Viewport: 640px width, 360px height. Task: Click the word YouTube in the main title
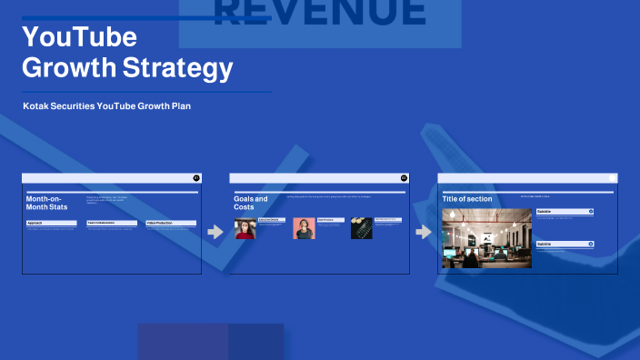coord(79,37)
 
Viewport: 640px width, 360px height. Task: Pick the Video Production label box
coord(171,223)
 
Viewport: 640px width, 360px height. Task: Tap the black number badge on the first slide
coord(196,178)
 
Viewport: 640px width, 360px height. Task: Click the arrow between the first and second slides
coord(215,232)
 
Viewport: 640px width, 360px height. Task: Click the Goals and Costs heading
coord(251,203)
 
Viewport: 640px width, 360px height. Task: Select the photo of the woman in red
coord(245,228)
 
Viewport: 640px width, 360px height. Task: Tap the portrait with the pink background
coord(304,228)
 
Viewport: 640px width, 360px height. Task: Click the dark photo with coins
coord(362,228)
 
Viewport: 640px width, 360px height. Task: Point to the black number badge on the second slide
coord(404,178)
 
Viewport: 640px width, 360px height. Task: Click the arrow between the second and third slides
coord(423,232)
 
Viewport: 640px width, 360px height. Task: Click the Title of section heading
coord(467,199)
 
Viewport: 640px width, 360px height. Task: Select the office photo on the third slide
coord(486,239)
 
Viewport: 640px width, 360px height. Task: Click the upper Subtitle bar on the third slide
coord(564,211)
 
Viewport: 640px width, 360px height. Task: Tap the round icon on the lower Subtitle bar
coord(591,244)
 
